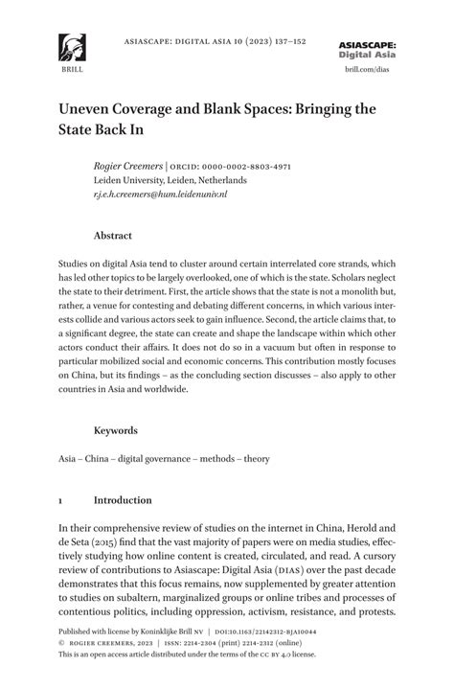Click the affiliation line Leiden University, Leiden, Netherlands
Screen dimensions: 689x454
coord(170,179)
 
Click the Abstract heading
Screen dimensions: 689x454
coord(112,235)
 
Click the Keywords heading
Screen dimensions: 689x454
coord(115,431)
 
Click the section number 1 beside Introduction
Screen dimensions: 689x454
coord(61,500)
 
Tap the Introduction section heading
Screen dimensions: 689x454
coord(123,500)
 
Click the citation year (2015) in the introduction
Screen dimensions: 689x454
coord(105,542)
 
